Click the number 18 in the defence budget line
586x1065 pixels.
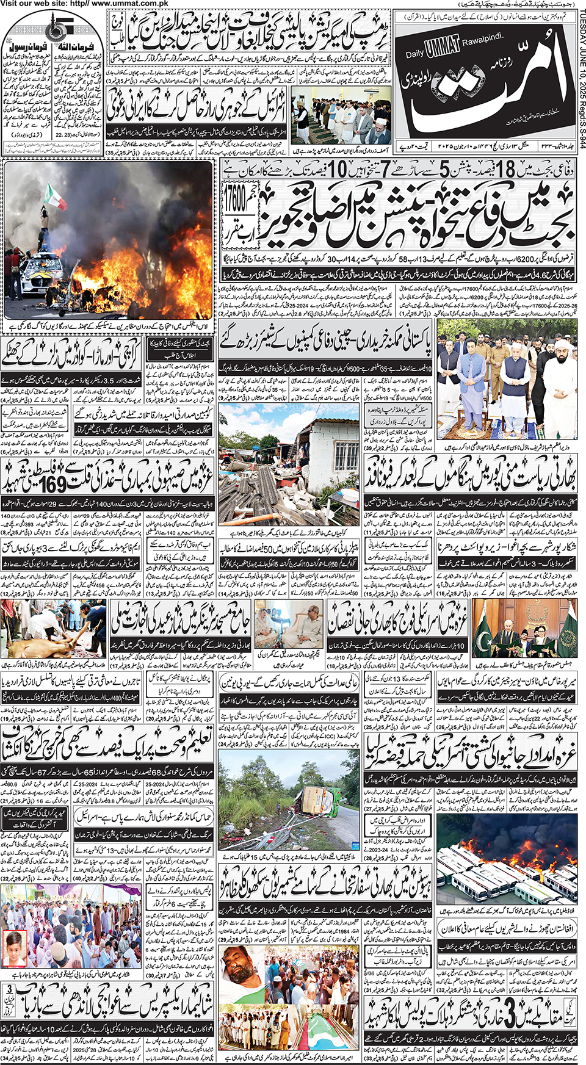(x=505, y=169)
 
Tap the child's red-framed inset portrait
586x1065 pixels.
(x=13, y=948)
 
